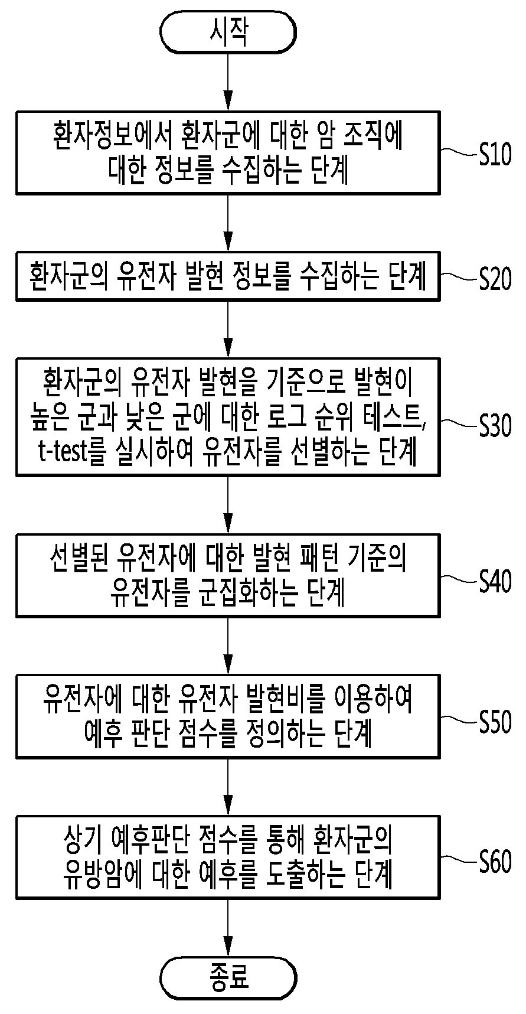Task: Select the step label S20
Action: click(x=495, y=278)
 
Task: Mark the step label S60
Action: click(x=495, y=862)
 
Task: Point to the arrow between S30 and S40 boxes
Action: click(x=228, y=505)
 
